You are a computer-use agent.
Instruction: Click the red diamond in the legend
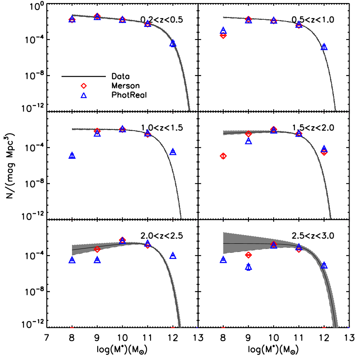pyautogui.click(x=84, y=86)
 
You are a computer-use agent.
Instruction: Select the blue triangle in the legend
pyautogui.click(x=84, y=95)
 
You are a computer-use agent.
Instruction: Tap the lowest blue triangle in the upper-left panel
pyautogui.click(x=173, y=43)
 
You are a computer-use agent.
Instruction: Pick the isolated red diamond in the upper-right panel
pyautogui.click(x=223, y=36)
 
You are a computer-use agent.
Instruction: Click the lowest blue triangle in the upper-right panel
pyautogui.click(x=324, y=46)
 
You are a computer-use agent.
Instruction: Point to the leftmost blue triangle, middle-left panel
pyautogui.click(x=72, y=155)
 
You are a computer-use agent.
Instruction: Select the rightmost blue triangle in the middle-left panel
pyautogui.click(x=173, y=151)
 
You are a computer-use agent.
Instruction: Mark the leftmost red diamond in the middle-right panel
pyautogui.click(x=223, y=156)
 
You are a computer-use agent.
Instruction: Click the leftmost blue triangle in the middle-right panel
pyautogui.click(x=249, y=141)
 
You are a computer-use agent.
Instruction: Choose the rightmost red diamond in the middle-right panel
pyautogui.click(x=324, y=152)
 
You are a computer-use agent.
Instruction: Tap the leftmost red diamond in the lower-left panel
pyautogui.click(x=97, y=249)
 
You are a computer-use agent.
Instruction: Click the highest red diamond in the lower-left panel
pyautogui.click(x=122, y=240)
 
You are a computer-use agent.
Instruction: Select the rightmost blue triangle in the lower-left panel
pyautogui.click(x=173, y=255)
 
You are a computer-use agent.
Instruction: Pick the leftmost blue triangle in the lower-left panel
pyautogui.click(x=72, y=260)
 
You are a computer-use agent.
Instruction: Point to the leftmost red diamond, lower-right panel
pyautogui.click(x=249, y=255)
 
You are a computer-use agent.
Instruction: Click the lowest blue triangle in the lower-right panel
pyautogui.click(x=249, y=267)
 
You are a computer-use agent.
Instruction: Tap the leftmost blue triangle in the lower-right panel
pyautogui.click(x=223, y=259)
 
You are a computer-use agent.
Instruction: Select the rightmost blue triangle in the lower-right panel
pyautogui.click(x=324, y=265)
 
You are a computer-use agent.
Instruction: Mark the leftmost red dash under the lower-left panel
pyautogui.click(x=72, y=327)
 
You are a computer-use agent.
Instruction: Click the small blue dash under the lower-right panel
pyautogui.click(x=348, y=327)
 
